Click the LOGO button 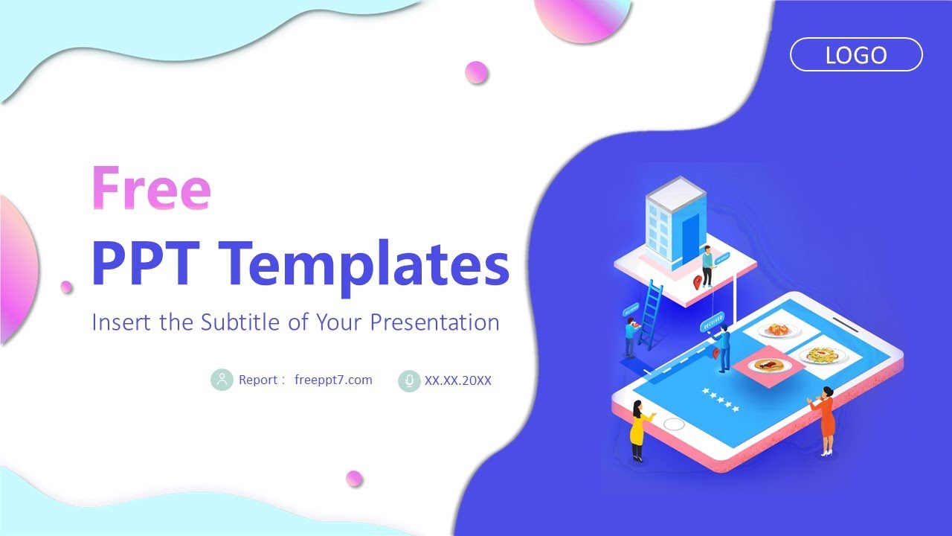point(856,55)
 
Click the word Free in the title point(151,188)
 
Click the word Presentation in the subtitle point(434,322)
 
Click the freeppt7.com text point(333,380)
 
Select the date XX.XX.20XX point(457,380)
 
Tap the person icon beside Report point(222,380)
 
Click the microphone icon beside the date point(409,380)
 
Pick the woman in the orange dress point(825,421)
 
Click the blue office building point(675,221)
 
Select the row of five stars point(721,400)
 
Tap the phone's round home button point(674,424)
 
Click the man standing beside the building point(707,266)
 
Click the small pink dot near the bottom point(354,479)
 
